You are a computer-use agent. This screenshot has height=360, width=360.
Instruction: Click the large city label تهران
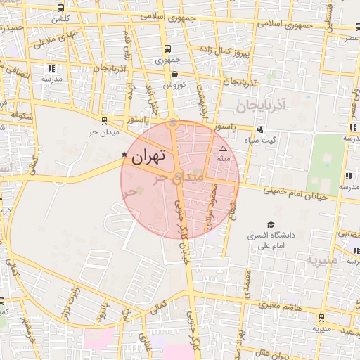(148, 156)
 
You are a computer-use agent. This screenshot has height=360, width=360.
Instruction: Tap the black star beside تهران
(125, 154)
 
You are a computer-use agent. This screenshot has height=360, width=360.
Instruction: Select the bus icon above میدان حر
(105, 120)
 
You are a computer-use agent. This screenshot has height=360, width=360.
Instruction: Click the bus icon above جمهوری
(167, 49)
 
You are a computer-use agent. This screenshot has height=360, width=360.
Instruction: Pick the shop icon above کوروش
(174, 74)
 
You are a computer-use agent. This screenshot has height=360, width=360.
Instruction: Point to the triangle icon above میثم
(224, 149)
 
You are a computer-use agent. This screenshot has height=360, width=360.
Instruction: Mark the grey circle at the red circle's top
(173, 123)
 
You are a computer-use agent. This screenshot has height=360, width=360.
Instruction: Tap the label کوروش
(174, 85)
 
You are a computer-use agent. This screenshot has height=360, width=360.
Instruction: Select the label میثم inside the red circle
(224, 160)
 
